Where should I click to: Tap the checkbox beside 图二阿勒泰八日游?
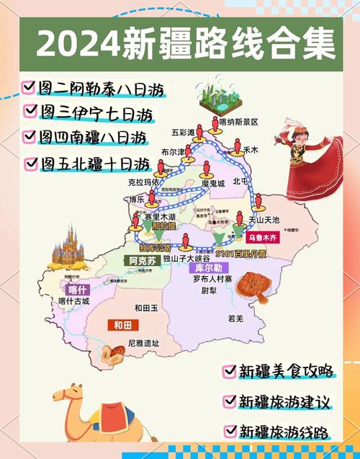(x=29, y=86)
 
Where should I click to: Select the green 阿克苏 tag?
(x=141, y=261)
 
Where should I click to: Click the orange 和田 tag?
(x=121, y=325)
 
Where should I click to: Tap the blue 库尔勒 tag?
(x=205, y=267)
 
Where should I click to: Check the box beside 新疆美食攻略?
(x=230, y=370)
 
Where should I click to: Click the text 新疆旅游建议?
(x=284, y=400)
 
